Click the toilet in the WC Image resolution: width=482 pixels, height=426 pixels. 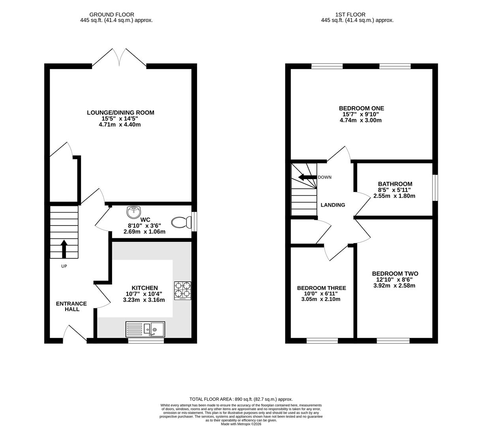click(181, 222)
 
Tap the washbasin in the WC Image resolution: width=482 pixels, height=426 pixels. click(134, 212)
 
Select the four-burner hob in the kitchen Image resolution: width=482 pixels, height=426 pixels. click(182, 290)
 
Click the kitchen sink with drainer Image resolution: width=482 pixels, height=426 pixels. click(145, 329)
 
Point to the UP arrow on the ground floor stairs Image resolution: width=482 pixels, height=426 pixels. click(64, 248)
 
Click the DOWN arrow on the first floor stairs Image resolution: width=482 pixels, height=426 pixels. click(308, 177)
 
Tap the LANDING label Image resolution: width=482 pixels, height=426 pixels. click(333, 205)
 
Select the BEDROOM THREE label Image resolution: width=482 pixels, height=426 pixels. click(321, 288)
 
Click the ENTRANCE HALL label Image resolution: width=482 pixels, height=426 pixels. click(71, 306)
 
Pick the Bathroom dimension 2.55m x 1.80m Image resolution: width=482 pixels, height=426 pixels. click(394, 196)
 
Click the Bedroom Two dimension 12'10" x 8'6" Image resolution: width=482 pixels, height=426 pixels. click(394, 280)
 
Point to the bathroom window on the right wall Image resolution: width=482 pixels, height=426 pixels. click(435, 188)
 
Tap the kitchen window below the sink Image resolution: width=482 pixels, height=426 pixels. click(146, 341)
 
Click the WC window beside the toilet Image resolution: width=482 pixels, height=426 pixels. click(194, 221)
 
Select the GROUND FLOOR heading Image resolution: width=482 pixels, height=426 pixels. click(112, 15)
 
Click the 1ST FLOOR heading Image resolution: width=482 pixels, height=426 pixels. click(350, 15)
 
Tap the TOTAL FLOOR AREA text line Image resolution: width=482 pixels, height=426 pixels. click(241, 399)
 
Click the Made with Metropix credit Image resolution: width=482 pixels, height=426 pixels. click(241, 424)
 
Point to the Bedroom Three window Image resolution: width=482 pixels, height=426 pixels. click(322, 341)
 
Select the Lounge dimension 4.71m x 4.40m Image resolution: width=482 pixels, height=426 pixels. click(120, 124)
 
